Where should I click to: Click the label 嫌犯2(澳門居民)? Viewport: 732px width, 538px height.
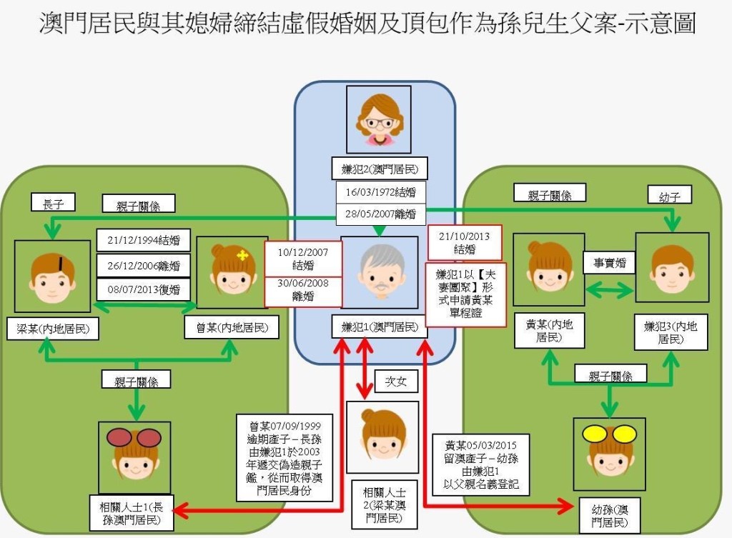coord(380,169)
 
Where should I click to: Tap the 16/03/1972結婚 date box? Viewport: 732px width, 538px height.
coord(381,192)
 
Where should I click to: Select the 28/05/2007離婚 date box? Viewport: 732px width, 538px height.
coord(381,214)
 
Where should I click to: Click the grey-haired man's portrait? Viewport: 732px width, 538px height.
coord(380,272)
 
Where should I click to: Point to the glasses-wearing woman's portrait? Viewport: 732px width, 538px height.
coord(379,119)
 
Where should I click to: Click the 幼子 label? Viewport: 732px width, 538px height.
coord(669,195)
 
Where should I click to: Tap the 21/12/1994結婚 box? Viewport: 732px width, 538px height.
coord(143,240)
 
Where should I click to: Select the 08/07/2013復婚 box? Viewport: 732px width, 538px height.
coord(143,289)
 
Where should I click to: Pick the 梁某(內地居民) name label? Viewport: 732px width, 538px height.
coord(53,329)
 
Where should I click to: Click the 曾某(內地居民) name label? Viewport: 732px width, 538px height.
coord(232,327)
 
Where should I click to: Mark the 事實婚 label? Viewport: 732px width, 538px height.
coord(609,263)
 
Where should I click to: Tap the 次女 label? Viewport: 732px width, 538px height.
coord(395,382)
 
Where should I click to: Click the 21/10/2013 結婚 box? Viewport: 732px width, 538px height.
coord(465,242)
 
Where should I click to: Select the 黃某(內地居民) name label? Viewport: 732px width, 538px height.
coord(549,331)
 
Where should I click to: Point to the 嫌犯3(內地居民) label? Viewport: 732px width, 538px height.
coord(671,332)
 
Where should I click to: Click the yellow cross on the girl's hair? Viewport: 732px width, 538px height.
coord(242,255)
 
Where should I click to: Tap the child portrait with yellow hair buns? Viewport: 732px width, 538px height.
coord(609,454)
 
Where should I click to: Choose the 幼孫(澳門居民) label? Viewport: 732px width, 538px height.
coord(610,516)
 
